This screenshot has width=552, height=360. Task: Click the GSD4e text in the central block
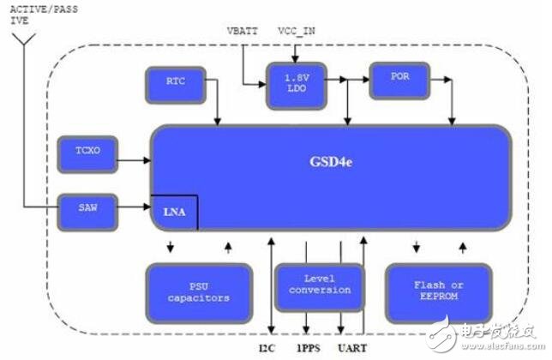(328, 162)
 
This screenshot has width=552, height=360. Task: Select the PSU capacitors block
(199, 291)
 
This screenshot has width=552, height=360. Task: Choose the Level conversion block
(319, 285)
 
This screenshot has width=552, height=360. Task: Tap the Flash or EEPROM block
(440, 291)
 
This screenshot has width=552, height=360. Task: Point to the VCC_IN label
(297, 31)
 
